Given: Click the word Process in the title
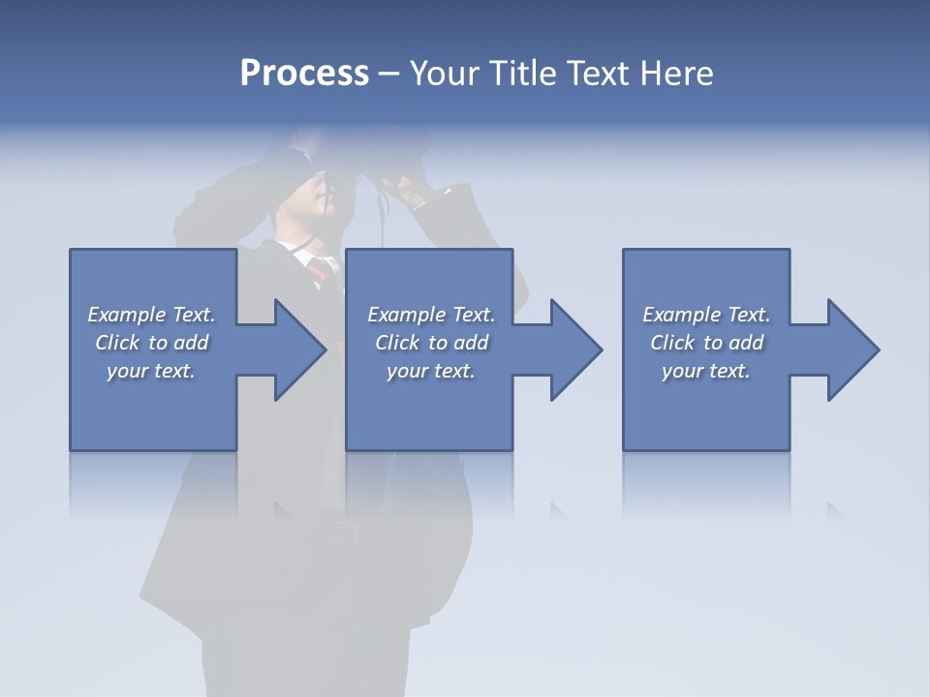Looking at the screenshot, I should pyautogui.click(x=304, y=74).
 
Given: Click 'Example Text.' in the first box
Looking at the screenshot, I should pyautogui.click(x=151, y=315).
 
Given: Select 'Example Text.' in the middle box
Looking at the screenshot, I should pyautogui.click(x=431, y=315).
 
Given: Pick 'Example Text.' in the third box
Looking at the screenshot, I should pyautogui.click(x=706, y=315).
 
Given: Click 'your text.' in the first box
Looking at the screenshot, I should pyautogui.click(x=151, y=371).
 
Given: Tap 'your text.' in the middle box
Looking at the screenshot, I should pyautogui.click(x=431, y=371).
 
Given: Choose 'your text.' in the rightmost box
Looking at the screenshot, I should pyautogui.click(x=706, y=371).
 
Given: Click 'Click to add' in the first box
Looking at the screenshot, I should pyautogui.click(x=151, y=343).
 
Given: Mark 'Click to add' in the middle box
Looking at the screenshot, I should pyautogui.click(x=431, y=343).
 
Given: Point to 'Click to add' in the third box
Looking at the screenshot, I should pyautogui.click(x=706, y=343).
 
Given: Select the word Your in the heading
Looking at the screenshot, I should pyautogui.click(x=445, y=74).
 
